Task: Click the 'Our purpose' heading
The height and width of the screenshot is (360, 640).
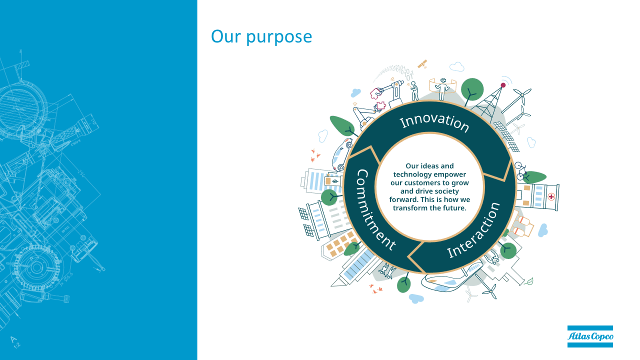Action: tap(261, 37)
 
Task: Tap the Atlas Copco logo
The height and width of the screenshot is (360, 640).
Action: tap(590, 336)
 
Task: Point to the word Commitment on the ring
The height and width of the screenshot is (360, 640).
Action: tap(374, 210)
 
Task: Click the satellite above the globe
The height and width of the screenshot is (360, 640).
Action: tap(422, 64)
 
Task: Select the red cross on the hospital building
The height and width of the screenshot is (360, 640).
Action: tap(551, 196)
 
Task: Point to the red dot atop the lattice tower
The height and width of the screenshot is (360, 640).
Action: tap(503, 85)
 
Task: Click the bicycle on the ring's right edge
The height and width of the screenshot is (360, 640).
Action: tap(520, 170)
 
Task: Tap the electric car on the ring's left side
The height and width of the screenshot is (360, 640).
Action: tap(342, 154)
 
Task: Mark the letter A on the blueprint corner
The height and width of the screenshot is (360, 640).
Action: tap(13, 339)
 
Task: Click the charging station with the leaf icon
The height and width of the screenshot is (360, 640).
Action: tap(332, 181)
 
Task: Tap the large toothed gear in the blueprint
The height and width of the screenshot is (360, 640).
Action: tap(37, 267)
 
